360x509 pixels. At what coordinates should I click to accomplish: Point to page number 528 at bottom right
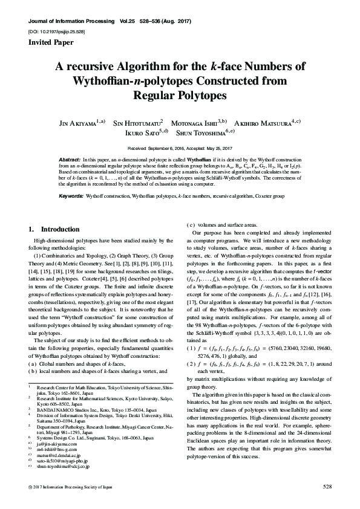click(x=327, y=486)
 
